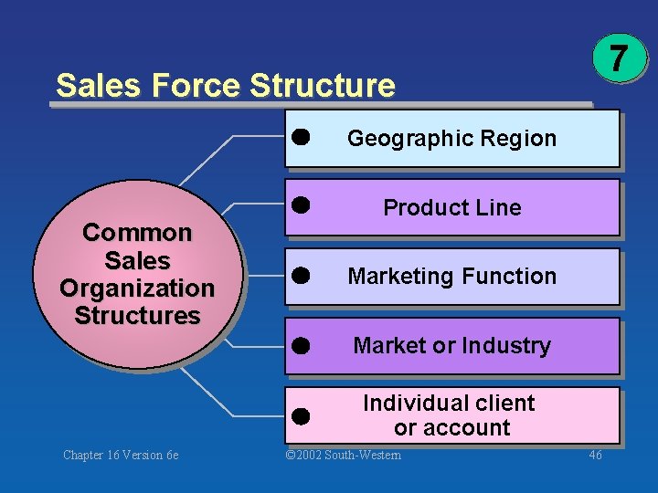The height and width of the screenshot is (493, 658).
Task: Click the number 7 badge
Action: pos(619,58)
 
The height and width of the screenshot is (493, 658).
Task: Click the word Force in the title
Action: pos(196,86)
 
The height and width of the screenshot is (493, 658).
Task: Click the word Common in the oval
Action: pos(137,233)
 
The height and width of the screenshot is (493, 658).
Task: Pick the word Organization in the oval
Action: pos(137,288)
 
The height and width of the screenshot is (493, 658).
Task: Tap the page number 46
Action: pos(594,455)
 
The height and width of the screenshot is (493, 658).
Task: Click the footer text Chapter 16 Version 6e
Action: pos(121,455)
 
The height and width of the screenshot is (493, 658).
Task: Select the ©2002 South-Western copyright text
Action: pos(343,455)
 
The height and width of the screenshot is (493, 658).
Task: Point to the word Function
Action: pos(513,276)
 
